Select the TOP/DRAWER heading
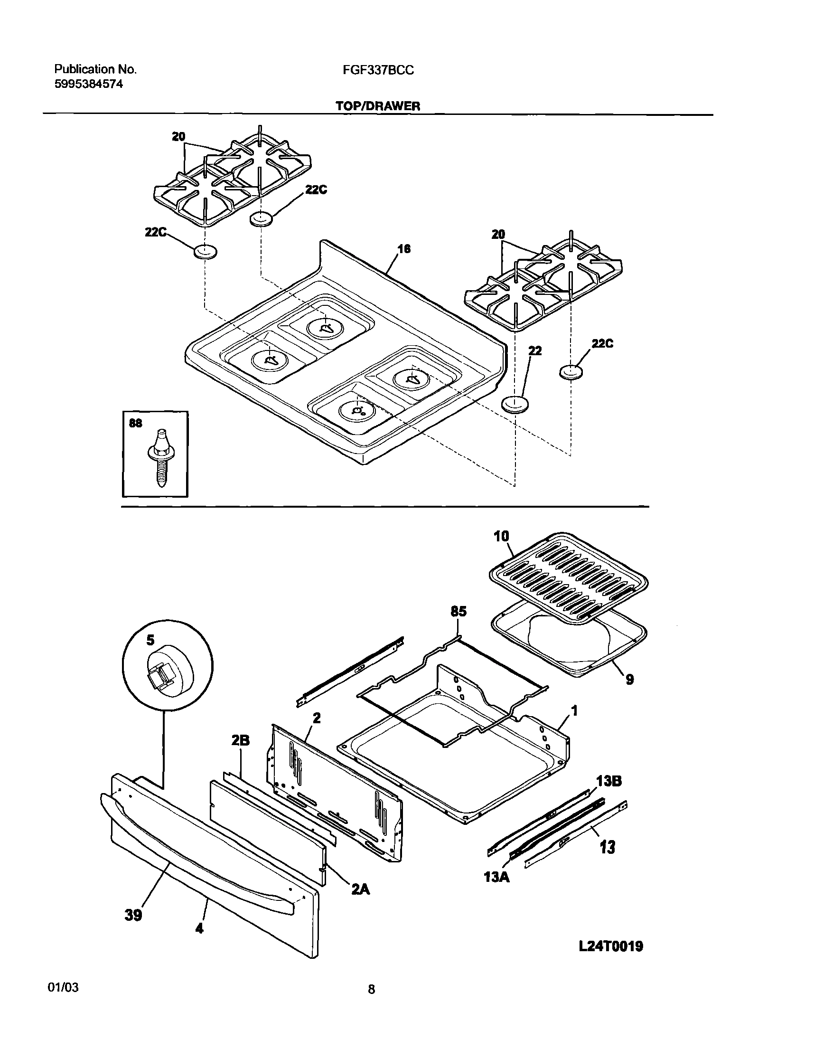coord(378,106)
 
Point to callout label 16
coord(403,249)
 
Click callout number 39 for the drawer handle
coord(133,915)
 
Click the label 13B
coord(608,781)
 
